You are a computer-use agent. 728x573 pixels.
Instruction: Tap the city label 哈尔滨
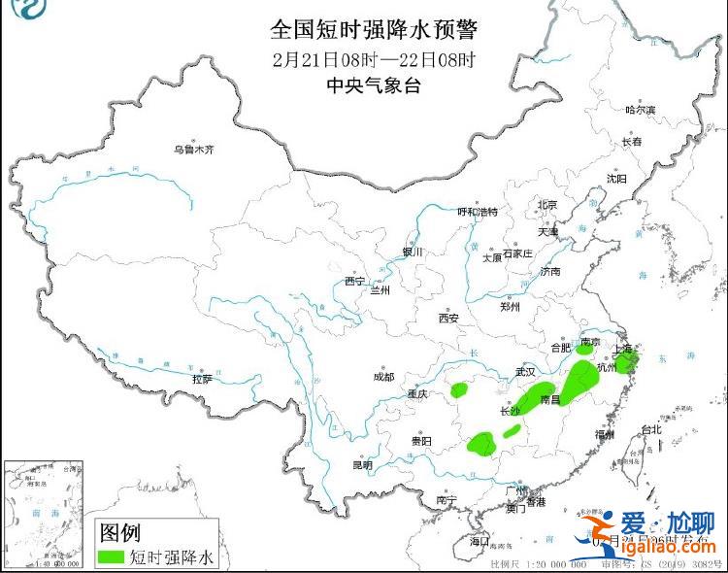pos(640,111)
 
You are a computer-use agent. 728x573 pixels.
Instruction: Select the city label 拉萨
pos(202,379)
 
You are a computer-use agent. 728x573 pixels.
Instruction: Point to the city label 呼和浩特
pos(477,211)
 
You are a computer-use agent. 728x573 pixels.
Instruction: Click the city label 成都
pos(382,377)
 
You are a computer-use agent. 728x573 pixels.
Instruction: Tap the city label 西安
pos(447,318)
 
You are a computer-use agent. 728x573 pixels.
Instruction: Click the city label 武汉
pos(525,371)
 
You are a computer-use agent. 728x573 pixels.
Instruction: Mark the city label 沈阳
pos(616,179)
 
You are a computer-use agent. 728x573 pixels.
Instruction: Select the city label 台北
pos(650,429)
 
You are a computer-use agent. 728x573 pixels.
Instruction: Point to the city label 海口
pos(480,540)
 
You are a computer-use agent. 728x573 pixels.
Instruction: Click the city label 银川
pos(414,252)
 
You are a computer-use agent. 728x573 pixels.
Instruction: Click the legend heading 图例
pos(120,532)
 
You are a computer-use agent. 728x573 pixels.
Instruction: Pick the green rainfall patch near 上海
pos(630,363)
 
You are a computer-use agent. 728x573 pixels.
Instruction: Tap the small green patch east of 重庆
pos(459,390)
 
